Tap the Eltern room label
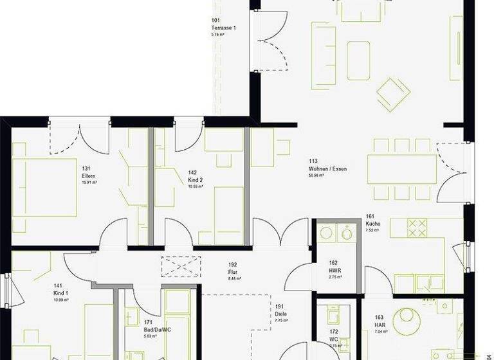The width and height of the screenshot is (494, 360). (89, 176)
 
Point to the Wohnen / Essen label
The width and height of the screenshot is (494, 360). (327, 168)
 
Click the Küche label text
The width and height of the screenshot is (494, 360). (373, 224)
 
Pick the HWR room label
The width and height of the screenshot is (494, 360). (334, 271)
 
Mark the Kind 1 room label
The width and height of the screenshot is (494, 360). (60, 293)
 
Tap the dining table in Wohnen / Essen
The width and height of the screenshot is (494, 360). (403, 169)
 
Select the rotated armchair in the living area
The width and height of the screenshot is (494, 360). (393, 94)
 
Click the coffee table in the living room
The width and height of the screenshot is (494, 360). (358, 60)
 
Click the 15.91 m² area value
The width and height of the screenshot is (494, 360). (89, 183)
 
